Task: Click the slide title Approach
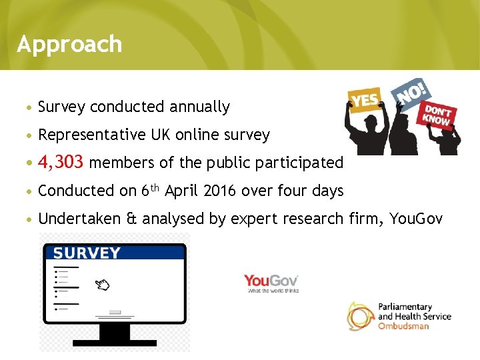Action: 69,44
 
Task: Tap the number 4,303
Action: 61,162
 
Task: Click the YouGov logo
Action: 271,281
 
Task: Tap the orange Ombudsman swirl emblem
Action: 360,315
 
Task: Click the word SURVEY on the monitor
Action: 87,253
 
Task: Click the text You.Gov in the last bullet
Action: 417,219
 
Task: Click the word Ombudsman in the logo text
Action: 404,326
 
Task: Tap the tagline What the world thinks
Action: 273,291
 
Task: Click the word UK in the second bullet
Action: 160,135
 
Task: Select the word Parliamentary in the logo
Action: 405,307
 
